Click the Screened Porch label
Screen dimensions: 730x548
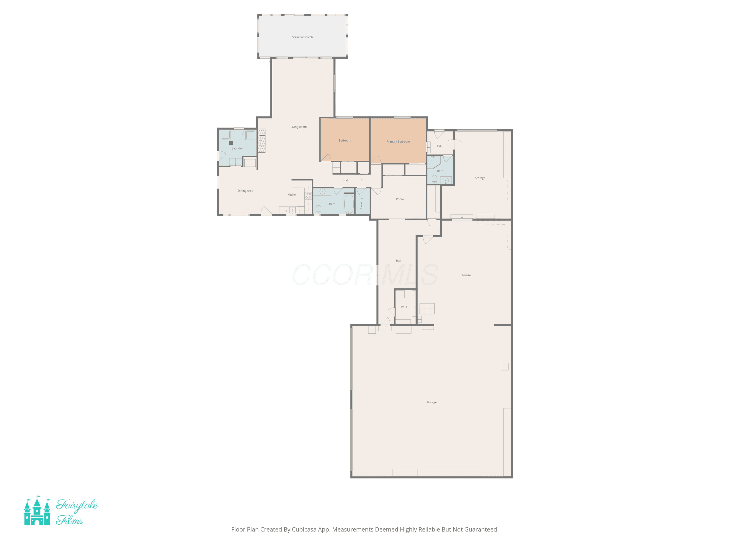[302, 37]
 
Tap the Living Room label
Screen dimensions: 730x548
[298, 127]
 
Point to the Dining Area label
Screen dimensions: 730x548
[245, 191]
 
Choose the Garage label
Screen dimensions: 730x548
[431, 402]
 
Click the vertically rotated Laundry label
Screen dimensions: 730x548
[361, 203]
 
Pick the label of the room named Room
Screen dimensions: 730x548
[400, 199]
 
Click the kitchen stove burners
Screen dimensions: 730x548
[308, 196]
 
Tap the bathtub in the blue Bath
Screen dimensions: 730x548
[349, 204]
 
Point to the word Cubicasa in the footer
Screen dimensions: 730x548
[304, 529]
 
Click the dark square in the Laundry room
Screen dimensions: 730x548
[231, 143]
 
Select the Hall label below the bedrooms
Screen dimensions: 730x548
[346, 180]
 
